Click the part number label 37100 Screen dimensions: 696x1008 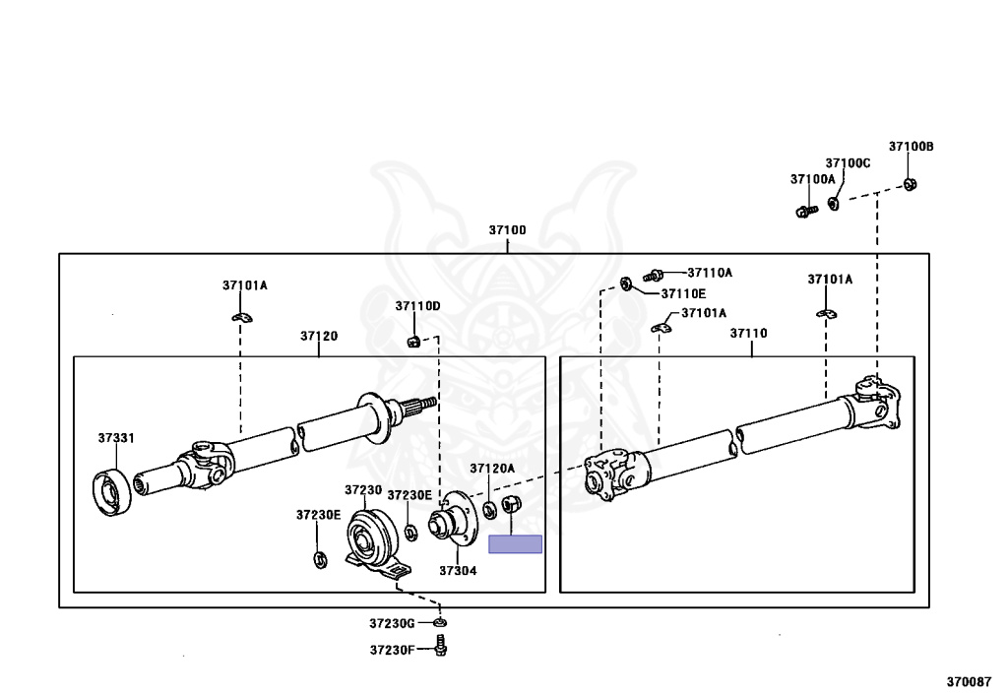point(508,230)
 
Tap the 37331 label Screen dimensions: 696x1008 point(116,437)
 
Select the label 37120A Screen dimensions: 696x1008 point(492,469)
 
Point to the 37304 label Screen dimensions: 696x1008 point(458,570)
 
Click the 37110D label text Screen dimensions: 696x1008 point(418,306)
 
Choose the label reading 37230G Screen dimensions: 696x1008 point(393,623)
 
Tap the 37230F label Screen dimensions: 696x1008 point(393,650)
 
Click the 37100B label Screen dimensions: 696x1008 point(911,147)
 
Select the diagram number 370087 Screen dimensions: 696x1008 point(969,680)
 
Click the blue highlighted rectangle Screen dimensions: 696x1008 point(516,544)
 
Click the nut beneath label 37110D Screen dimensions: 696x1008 point(414,342)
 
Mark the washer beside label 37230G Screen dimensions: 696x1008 point(440,622)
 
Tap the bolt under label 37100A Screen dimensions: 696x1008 point(802,211)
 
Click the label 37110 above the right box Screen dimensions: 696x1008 point(748,334)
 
